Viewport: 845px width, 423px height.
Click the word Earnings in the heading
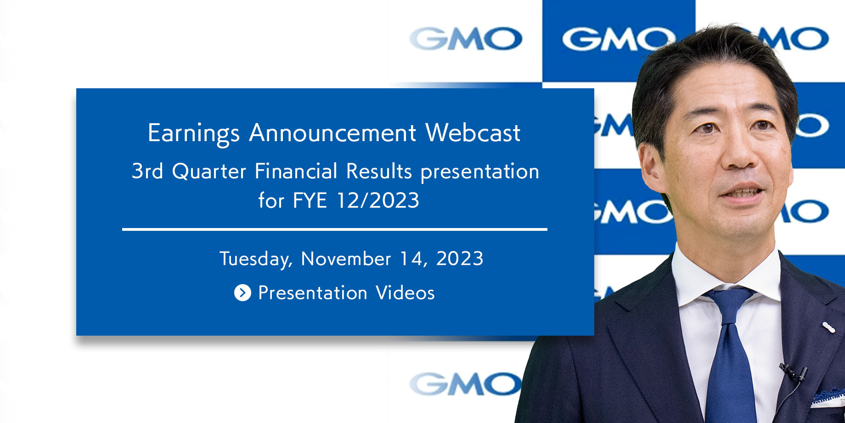pyautogui.click(x=193, y=134)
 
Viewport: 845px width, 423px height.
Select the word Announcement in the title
pyautogui.click(x=333, y=133)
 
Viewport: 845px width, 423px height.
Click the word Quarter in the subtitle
pyautogui.click(x=209, y=171)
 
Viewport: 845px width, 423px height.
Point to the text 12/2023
pyautogui.click(x=378, y=200)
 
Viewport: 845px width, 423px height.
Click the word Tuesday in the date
pyautogui.click(x=256, y=259)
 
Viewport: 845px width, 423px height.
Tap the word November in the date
pyautogui.click(x=346, y=258)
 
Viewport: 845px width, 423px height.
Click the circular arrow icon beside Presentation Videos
pyautogui.click(x=242, y=292)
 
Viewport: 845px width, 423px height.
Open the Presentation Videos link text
pyautogui.click(x=346, y=293)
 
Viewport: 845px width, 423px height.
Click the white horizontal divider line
pyautogui.click(x=335, y=229)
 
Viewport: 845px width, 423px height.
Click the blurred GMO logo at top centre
pyautogui.click(x=466, y=38)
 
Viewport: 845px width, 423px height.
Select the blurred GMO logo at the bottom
pyautogui.click(x=465, y=384)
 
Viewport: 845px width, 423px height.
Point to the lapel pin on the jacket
pyautogui.click(x=828, y=327)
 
